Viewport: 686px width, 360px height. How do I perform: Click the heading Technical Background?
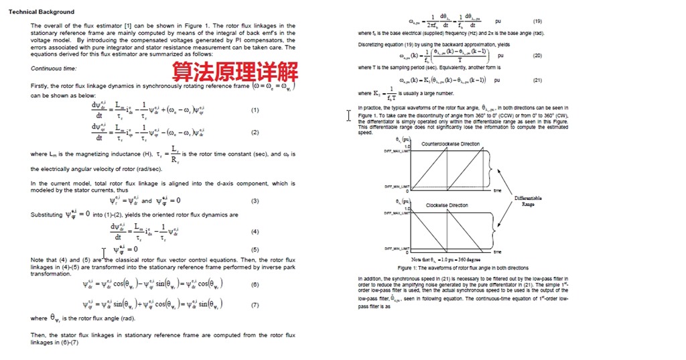pyautogui.click(x=42, y=12)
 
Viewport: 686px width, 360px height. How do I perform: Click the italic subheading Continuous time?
pyautogui.click(x=54, y=68)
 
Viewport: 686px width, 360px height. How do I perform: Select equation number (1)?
pyautogui.click(x=255, y=110)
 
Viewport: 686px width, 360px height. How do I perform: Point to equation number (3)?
pyautogui.click(x=255, y=200)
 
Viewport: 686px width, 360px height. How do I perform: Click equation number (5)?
pyautogui.click(x=255, y=249)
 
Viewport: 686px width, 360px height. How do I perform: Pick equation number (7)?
pyautogui.click(x=255, y=304)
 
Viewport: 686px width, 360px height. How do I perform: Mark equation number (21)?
pyautogui.click(x=537, y=80)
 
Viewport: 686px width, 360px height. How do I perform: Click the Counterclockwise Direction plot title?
pyautogui.click(x=450, y=144)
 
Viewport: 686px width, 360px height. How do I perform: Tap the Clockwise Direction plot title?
pyautogui.click(x=447, y=205)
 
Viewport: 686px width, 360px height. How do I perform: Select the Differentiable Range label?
pyautogui.click(x=528, y=200)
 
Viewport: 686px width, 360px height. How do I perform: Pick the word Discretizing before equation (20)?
pyautogui.click(x=372, y=44)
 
